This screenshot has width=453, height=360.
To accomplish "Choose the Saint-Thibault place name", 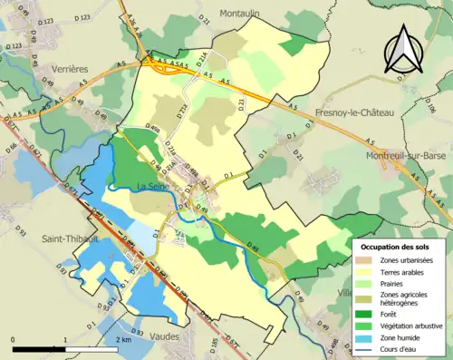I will pos(70,238).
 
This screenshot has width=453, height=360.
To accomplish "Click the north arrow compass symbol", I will pos(405,47).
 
